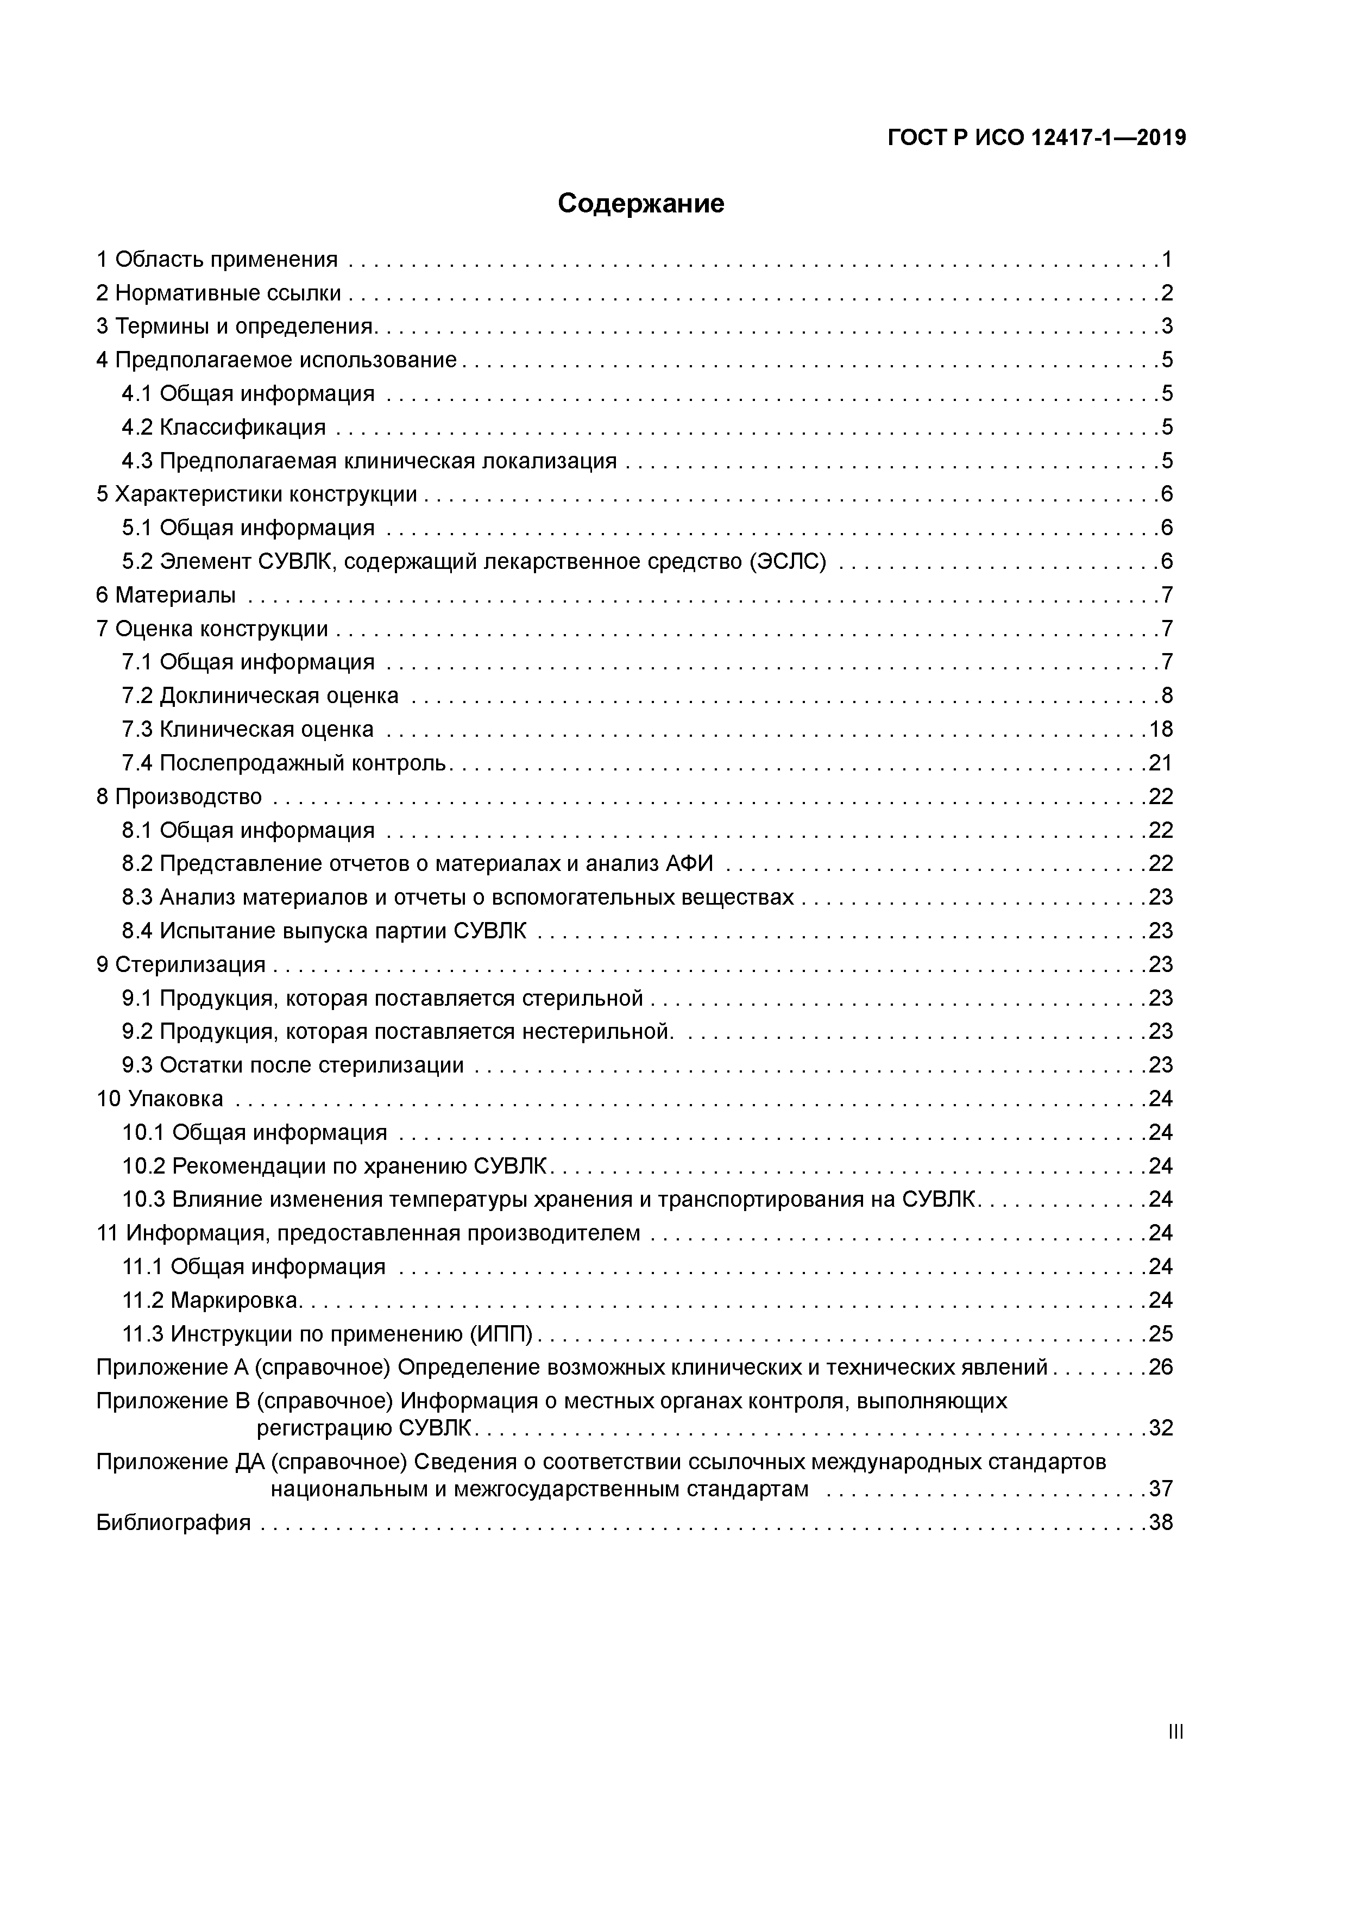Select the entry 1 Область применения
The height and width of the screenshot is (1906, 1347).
pos(217,260)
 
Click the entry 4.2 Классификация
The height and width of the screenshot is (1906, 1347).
pos(224,428)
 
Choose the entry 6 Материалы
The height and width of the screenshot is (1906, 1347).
pos(166,595)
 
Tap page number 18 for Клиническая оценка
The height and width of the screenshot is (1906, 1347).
pos(1160,730)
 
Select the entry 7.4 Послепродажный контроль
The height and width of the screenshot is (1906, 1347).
pos(285,763)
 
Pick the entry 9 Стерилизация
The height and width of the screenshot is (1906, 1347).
pos(181,964)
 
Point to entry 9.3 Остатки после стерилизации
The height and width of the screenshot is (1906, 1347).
pos(293,1065)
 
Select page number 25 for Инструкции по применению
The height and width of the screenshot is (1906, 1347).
pos(1160,1333)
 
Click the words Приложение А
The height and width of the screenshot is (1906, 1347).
pos(173,1367)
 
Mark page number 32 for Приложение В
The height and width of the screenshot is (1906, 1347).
pos(1160,1428)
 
